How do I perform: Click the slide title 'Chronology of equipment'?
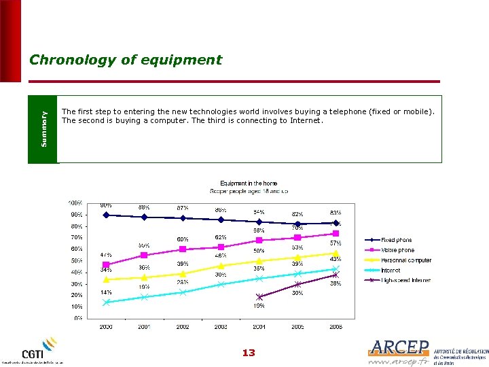tap(126, 60)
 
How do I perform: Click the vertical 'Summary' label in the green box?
tap(44, 129)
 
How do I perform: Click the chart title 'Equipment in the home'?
tap(249, 183)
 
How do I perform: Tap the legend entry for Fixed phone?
tap(397, 240)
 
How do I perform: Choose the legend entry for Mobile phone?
tap(397, 250)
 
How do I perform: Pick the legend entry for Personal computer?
tap(405, 260)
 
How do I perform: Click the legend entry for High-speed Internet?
tap(405, 280)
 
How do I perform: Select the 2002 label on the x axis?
tap(183, 327)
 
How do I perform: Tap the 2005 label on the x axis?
tap(297, 327)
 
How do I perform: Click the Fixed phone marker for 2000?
tap(106, 215)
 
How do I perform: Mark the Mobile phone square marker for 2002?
tap(183, 249)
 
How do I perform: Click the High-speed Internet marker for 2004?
tap(259, 296)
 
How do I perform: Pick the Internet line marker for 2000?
tap(106, 302)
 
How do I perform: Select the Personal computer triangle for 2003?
tap(221, 266)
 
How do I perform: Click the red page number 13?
tap(249, 353)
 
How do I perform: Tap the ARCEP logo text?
tap(399, 348)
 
